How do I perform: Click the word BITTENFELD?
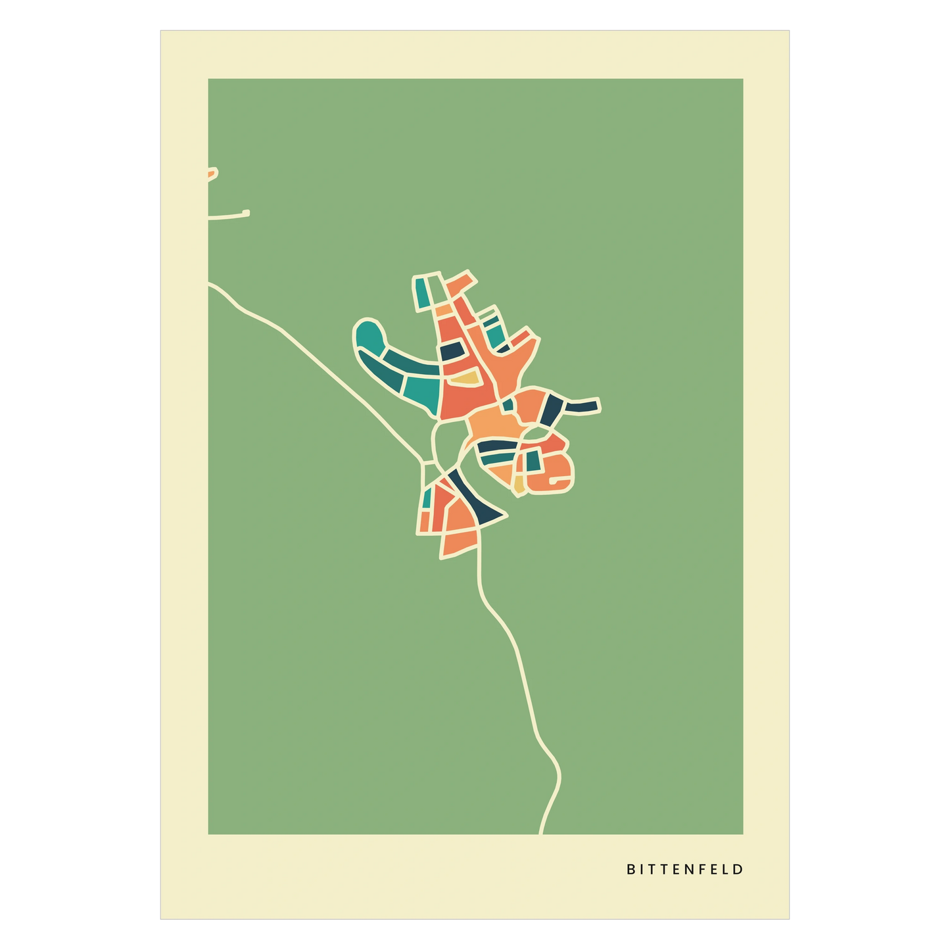pyautogui.click(x=684, y=869)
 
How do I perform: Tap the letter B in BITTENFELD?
pyautogui.click(x=630, y=869)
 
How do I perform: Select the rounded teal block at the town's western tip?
pyautogui.click(x=369, y=335)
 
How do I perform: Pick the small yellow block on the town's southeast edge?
pyautogui.click(x=519, y=485)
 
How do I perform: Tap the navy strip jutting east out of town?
pyautogui.click(x=582, y=406)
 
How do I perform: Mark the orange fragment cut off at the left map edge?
pyautogui.click(x=211, y=174)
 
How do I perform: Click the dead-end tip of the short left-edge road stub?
pyautogui.click(x=247, y=212)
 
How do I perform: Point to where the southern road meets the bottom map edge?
pyautogui.click(x=541, y=832)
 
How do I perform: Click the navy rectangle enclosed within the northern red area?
pyautogui.click(x=451, y=351)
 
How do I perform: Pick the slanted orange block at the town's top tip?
pyautogui.click(x=460, y=283)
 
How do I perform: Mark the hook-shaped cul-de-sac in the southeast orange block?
pyautogui.click(x=559, y=483)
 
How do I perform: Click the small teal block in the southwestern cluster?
pyautogui.click(x=426, y=498)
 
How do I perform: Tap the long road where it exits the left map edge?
pyautogui.click(x=210, y=284)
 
